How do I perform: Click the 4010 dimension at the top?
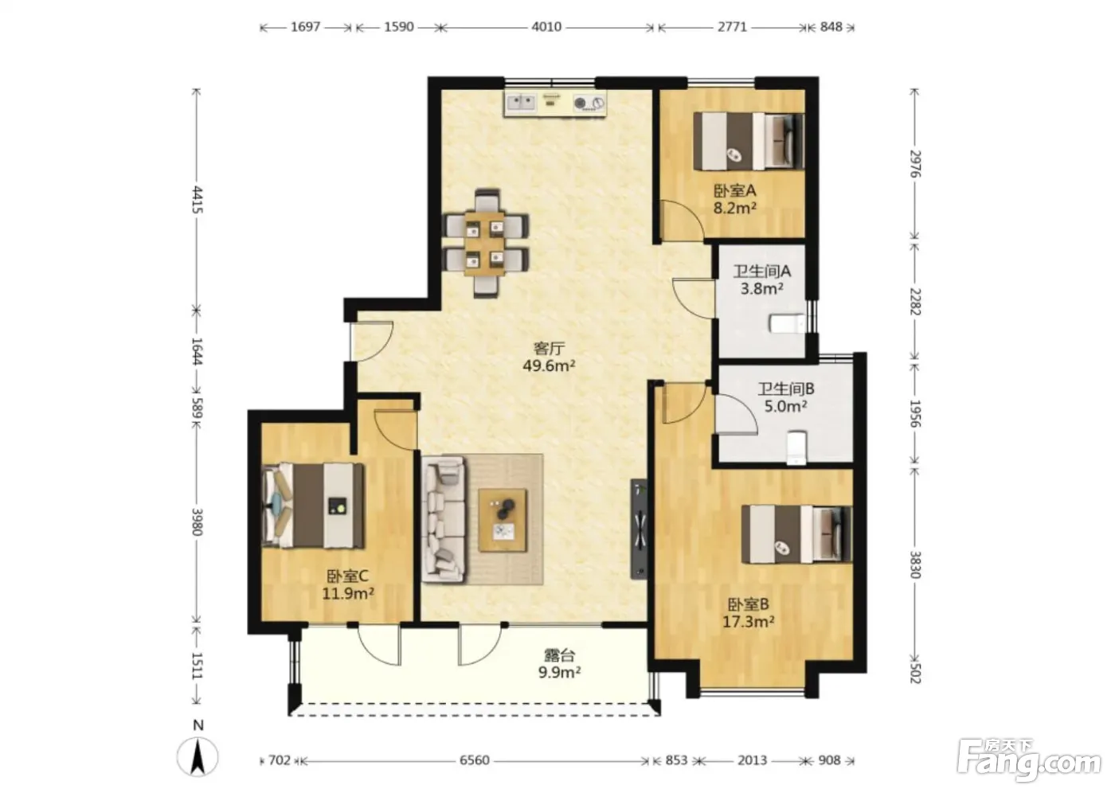coord(546,27)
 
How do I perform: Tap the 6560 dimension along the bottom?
coord(475,760)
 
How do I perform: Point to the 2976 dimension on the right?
coord(915,164)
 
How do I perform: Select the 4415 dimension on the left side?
coord(198,200)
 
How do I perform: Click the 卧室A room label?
coord(735,190)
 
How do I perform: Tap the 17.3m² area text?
coord(748,622)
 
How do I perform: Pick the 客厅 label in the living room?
coord(549,348)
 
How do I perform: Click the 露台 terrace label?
coord(559,655)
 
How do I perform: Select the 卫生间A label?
coord(762,271)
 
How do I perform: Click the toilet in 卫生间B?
coord(796,447)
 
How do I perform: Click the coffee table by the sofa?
coord(503,520)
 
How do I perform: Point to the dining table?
coord(484,244)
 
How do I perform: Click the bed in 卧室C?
coord(313,506)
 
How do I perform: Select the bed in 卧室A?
coord(749,141)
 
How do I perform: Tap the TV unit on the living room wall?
coord(639,529)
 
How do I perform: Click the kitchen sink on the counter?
coord(521,103)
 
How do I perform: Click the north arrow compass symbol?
coord(198,756)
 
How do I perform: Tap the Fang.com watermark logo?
coord(1028,764)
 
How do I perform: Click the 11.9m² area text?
coord(348,593)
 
